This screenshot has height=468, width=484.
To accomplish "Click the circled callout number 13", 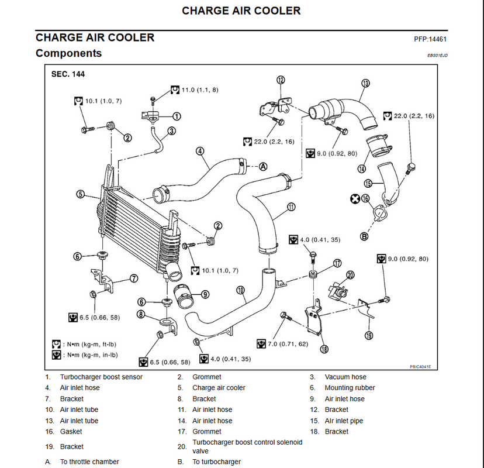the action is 365,83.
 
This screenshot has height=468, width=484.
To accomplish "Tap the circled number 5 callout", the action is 80,194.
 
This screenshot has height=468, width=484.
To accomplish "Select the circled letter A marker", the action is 262,167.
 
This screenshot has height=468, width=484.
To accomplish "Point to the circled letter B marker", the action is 364,236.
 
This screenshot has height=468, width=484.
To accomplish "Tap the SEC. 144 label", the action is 68,74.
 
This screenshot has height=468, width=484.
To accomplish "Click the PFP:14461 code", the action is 430,39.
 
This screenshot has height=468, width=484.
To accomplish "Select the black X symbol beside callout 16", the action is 355,199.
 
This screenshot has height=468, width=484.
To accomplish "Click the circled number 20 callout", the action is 350,275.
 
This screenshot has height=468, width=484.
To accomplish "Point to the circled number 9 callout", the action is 205,294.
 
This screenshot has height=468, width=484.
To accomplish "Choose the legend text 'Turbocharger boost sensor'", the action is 101,377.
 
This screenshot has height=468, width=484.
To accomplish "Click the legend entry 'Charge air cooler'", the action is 219,388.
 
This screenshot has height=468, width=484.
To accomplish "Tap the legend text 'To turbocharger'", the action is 217,462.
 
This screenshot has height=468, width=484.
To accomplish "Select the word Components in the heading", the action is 68,53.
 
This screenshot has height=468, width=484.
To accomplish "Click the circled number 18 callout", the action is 324,349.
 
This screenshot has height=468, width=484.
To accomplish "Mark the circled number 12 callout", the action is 281,80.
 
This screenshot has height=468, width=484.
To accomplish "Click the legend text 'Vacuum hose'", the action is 345,377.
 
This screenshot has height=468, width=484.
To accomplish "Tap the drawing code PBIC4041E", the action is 420,367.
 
